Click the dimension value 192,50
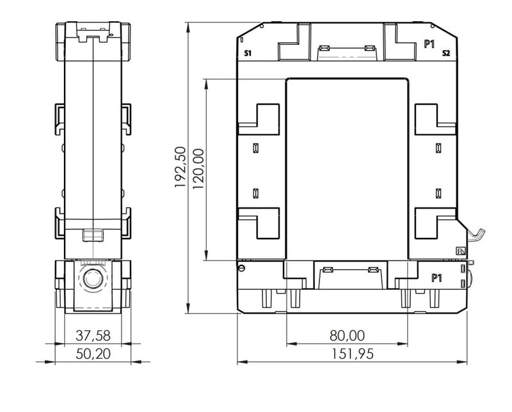click(180, 167)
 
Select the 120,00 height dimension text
click(198, 169)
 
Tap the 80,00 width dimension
click(347, 336)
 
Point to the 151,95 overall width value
click(353, 354)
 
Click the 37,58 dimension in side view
click(93, 336)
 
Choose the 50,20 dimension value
click(93, 354)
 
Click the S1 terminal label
click(248, 53)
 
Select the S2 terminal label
click(446, 53)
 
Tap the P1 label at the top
click(429, 44)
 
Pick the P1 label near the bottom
click(436, 278)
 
